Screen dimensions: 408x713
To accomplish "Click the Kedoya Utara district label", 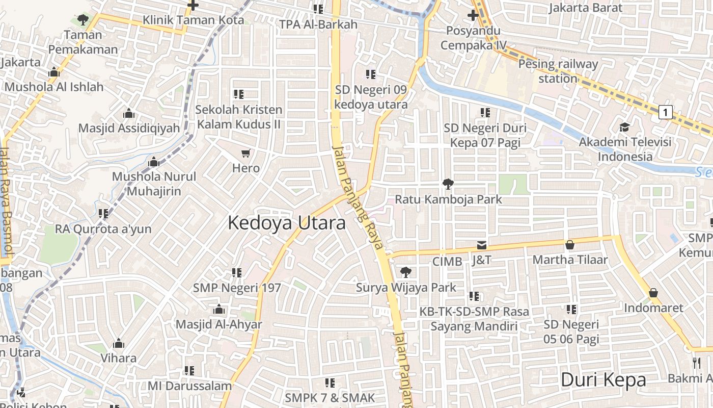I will coord(286,223).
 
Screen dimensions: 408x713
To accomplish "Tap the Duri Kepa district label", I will coord(603,380).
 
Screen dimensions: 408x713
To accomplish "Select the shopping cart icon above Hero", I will coord(246,153).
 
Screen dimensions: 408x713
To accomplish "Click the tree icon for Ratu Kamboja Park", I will coord(448,184).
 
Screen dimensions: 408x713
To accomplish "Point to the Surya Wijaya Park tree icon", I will coord(406,272).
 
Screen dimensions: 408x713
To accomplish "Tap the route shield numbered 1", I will coord(665,112).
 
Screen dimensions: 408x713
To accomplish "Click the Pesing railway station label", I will coord(558,71).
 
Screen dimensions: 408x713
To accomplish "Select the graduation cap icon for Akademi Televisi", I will coord(624,127).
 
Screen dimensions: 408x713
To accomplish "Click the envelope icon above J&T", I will coord(481,245).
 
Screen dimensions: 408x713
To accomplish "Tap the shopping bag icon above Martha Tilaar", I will coord(570,245).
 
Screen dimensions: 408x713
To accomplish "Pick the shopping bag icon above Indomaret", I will coord(653,293).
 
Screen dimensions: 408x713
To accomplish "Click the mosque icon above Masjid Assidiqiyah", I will coord(129,113).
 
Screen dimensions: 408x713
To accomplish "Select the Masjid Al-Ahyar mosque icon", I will coord(219,310).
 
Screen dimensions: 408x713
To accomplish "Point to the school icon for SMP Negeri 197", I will coord(237,273).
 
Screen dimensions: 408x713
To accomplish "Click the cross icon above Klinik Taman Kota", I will coord(193,6).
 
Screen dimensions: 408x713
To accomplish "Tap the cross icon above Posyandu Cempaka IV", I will coord(473,15).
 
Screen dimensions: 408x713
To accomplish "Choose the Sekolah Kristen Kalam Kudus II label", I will coord(239,117).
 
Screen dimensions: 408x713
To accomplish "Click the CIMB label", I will coord(447,262).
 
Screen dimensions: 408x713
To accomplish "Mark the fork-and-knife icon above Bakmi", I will coord(697,363).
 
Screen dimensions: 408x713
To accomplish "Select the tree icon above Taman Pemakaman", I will coord(83,20).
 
